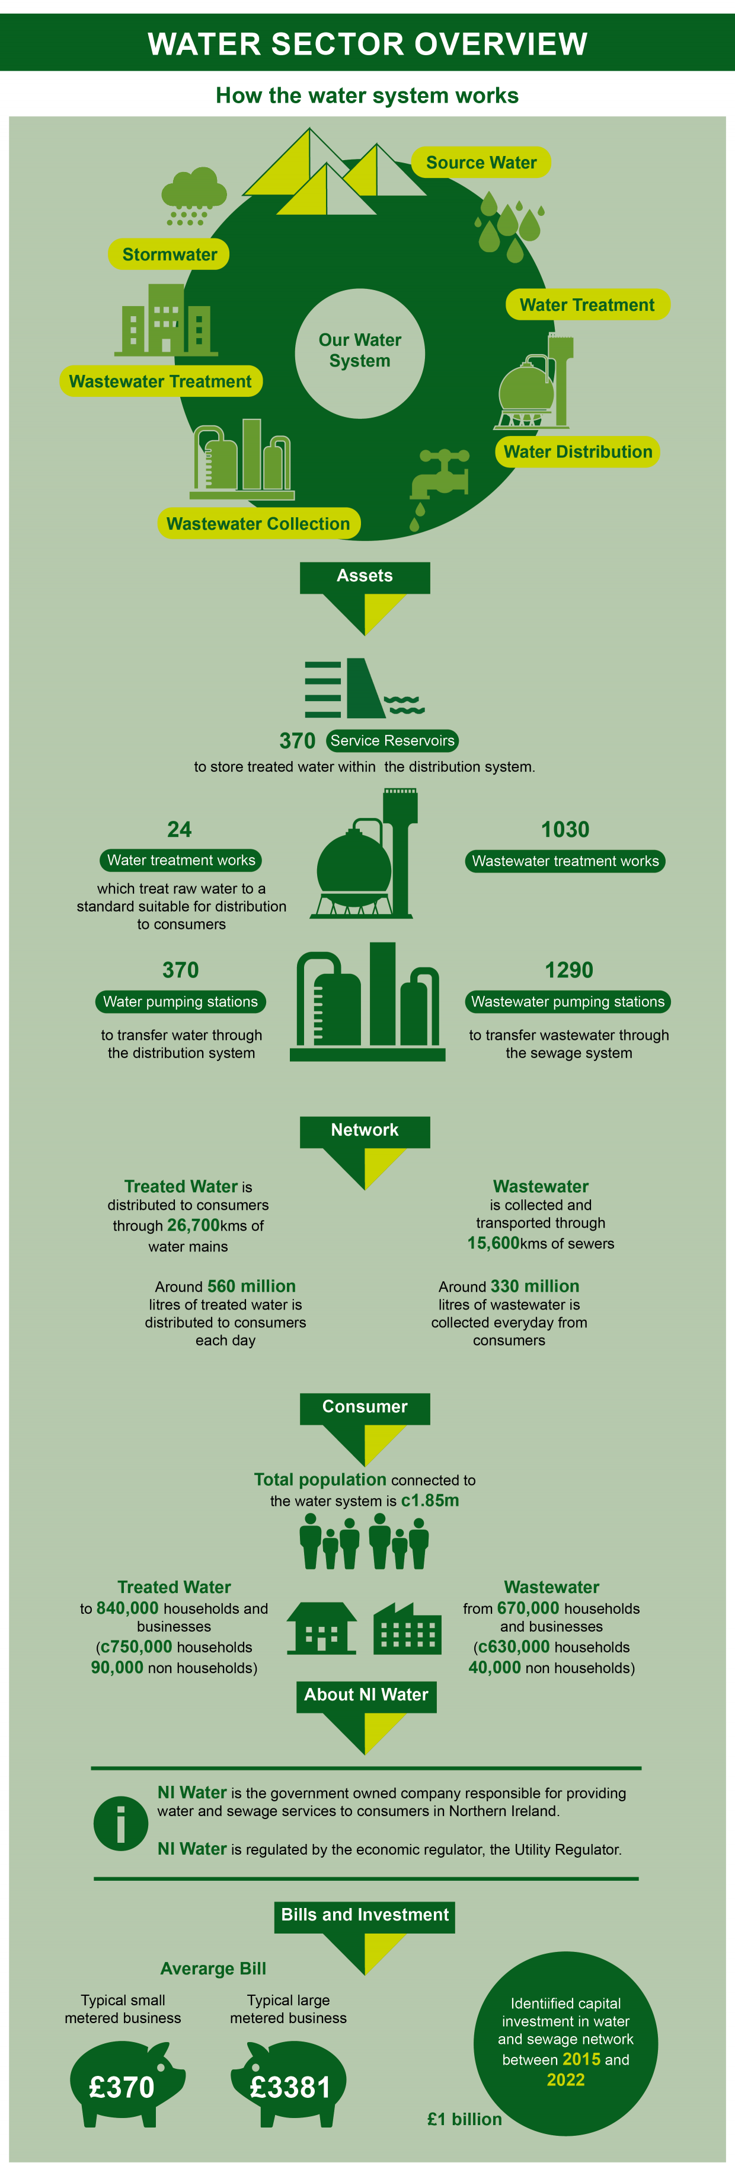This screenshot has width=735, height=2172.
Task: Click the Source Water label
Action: [481, 163]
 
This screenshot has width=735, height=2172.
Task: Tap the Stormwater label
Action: [168, 254]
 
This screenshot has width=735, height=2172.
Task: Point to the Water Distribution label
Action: [577, 452]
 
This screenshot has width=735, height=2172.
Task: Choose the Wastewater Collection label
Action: [258, 524]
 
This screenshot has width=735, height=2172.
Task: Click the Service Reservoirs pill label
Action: [392, 740]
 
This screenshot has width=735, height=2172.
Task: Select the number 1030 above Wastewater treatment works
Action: [565, 830]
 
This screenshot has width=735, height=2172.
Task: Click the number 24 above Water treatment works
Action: [180, 830]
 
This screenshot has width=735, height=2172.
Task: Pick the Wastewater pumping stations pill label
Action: [567, 1002]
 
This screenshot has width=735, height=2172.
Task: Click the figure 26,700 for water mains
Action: [193, 1225]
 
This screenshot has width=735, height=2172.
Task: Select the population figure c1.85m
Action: [430, 1500]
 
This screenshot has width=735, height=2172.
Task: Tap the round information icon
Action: [120, 1823]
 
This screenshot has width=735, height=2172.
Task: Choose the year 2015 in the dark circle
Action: [581, 2059]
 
